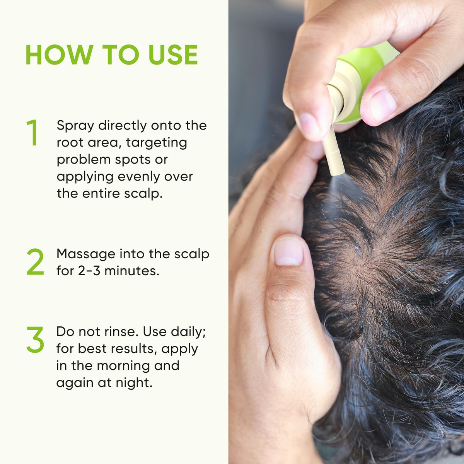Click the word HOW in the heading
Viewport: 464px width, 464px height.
click(60, 55)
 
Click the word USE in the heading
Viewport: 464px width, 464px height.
click(173, 55)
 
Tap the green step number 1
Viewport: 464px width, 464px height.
click(32, 132)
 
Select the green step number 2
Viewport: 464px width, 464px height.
click(35, 261)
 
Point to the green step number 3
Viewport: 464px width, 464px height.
click(35, 339)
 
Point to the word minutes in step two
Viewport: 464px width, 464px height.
click(132, 271)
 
